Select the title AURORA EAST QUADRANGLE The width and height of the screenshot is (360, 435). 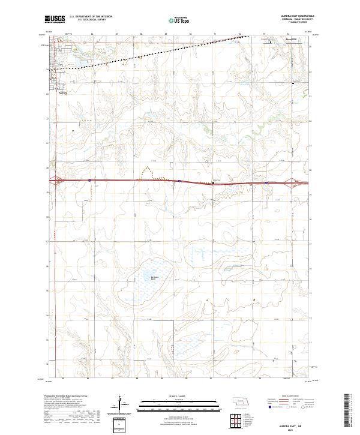click(287, 16)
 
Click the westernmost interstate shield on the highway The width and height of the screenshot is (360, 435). click(89, 179)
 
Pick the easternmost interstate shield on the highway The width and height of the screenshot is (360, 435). click(266, 182)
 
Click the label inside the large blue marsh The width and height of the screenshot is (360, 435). click(154, 278)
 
